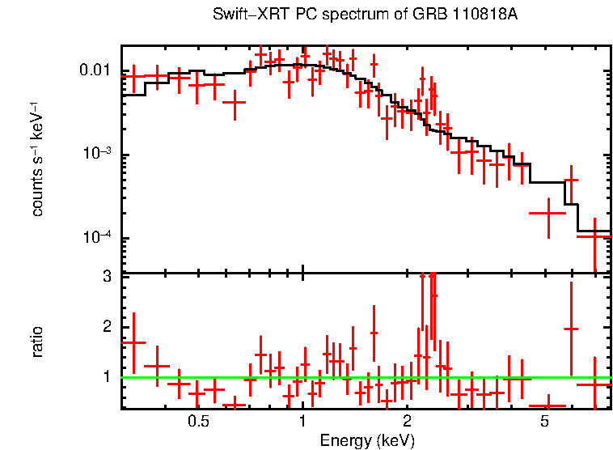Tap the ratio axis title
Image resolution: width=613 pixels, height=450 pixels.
coord(36,342)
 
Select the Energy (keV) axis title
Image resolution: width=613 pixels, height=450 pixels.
coord(366,440)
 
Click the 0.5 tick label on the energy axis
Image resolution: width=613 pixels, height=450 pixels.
coord(198,422)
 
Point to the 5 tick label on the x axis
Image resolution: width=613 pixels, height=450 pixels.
coord(544,422)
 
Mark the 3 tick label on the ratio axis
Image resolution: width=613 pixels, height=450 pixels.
coord(106,277)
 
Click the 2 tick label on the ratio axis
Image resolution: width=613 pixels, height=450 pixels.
coord(106,326)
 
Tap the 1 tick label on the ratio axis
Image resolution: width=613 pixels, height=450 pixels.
coord(106,376)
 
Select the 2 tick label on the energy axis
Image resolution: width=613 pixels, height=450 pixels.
coord(407,422)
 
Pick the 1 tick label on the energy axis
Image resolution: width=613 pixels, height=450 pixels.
coord(302,422)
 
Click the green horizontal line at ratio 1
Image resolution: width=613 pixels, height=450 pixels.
coord(243,377)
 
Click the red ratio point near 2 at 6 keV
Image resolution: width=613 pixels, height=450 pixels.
coord(571,329)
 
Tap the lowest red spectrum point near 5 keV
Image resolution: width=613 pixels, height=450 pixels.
coord(547,213)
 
